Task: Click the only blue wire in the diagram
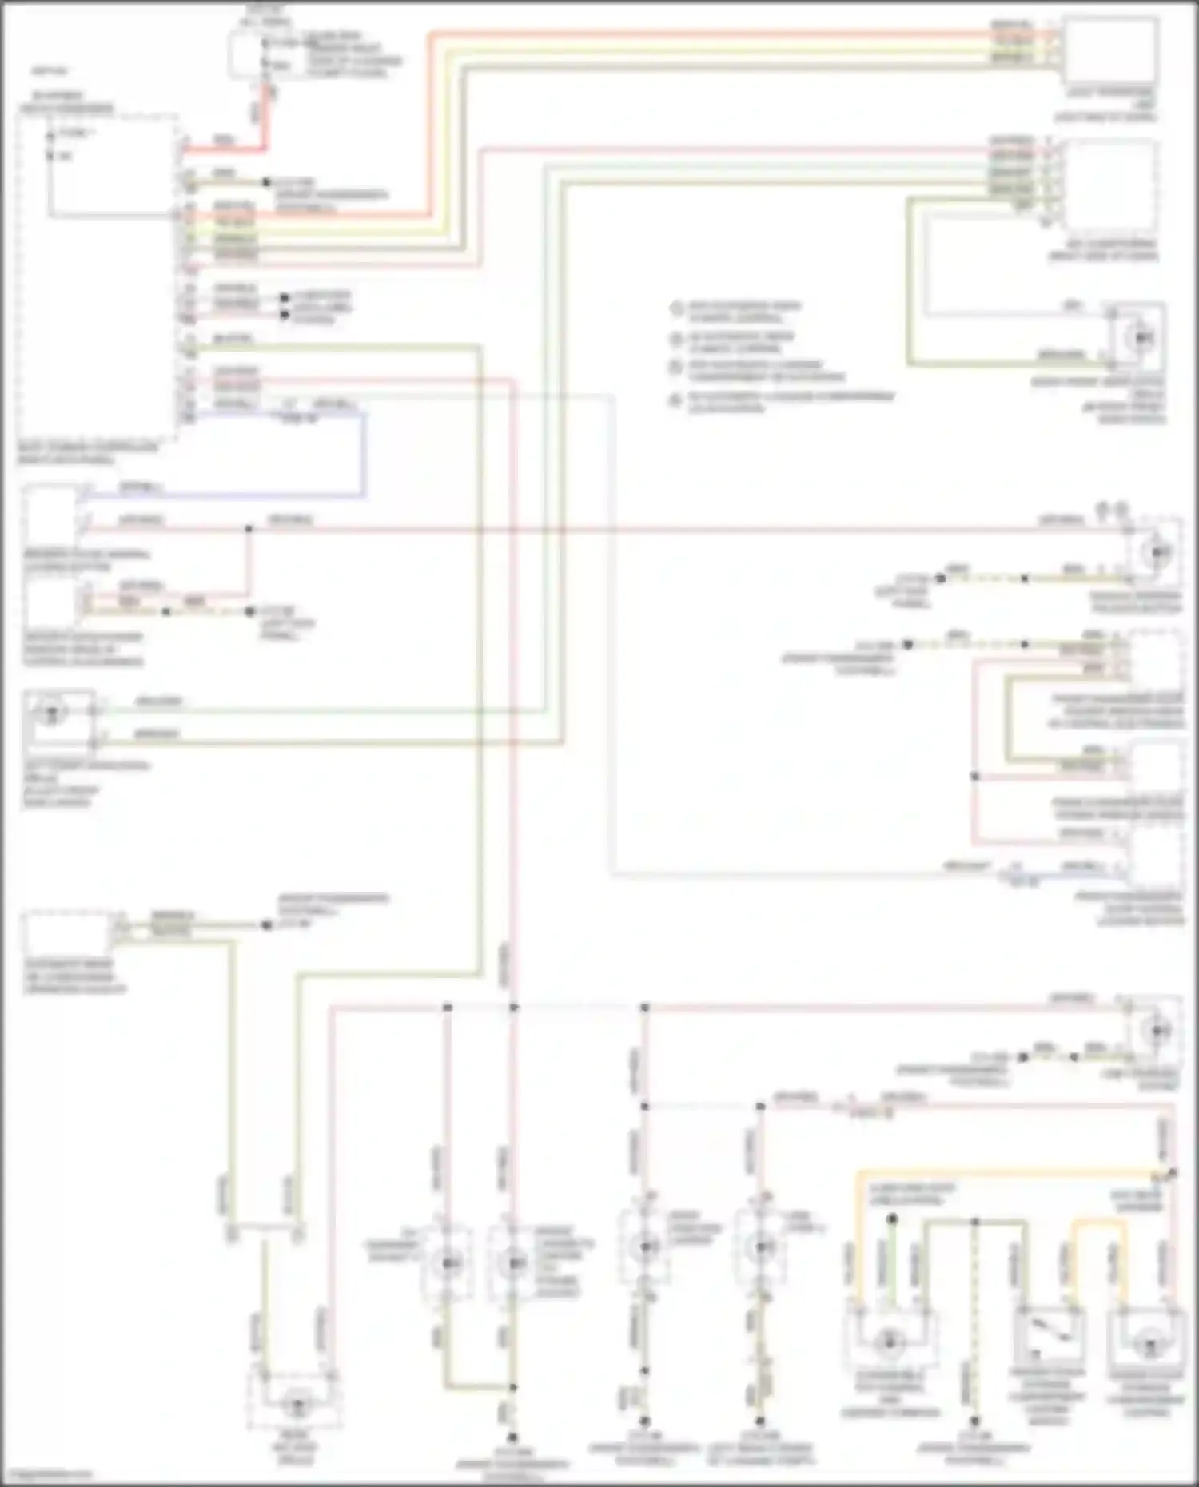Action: (x=364, y=455)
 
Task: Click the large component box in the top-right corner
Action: (x=1109, y=50)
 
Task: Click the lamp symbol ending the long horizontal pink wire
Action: (x=1156, y=552)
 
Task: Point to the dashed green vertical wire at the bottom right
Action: (x=974, y=1318)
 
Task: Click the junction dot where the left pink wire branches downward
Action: (x=249, y=529)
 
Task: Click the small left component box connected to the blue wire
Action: (x=50, y=511)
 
